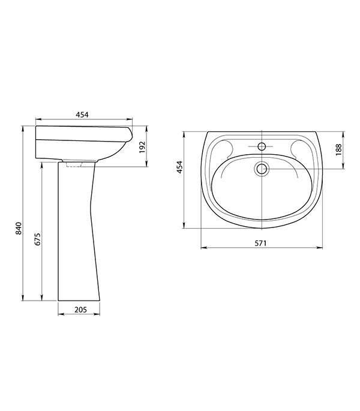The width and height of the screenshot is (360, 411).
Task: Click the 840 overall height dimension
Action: (19, 228)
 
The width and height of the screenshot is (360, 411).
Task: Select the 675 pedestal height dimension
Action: (37, 239)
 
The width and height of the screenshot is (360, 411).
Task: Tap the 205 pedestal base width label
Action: (80, 310)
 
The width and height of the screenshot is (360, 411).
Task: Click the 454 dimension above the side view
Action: (82, 115)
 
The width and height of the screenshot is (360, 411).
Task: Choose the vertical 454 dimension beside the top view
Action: (179, 167)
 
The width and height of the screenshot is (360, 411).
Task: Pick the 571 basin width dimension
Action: (260, 243)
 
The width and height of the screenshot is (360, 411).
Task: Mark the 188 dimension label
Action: (339, 149)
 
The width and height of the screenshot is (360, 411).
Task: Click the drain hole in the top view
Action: (262, 169)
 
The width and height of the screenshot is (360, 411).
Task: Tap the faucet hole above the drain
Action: (262, 146)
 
